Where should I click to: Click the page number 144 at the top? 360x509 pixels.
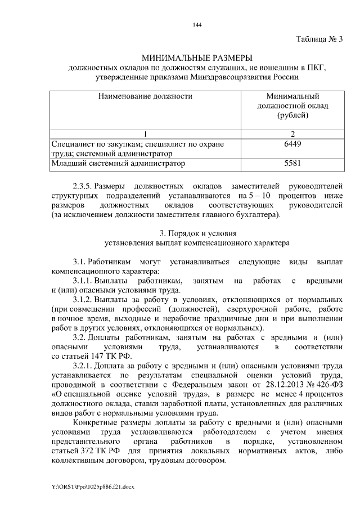pyautogui.click(x=197, y=25)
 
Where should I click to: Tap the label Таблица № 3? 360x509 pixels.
pyautogui.click(x=319, y=39)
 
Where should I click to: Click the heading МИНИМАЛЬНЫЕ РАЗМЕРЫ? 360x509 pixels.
pyautogui.click(x=197, y=58)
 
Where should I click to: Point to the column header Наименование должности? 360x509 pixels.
pyautogui.click(x=145, y=96)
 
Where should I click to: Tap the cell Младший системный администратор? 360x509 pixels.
pyautogui.click(x=118, y=164)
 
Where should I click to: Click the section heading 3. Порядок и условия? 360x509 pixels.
pyautogui.click(x=197, y=233)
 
